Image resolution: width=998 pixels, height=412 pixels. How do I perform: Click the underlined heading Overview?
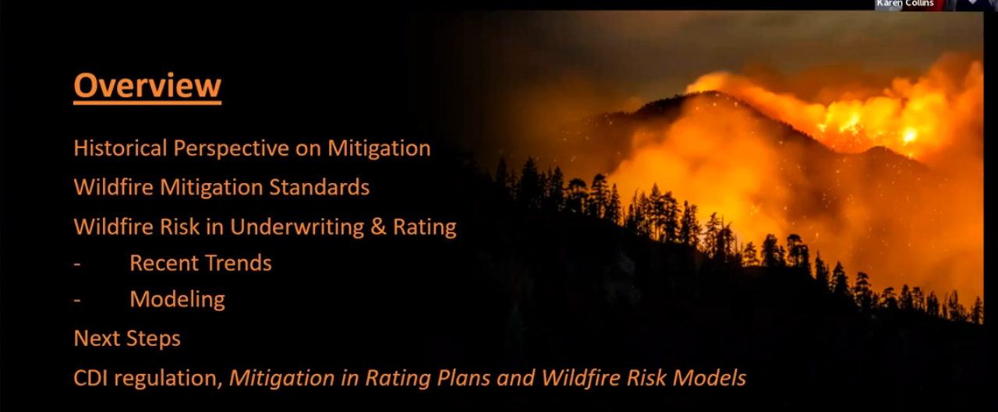tap(147, 86)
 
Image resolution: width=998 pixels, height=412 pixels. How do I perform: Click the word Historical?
tap(120, 148)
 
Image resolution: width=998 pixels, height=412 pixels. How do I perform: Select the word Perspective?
tap(232, 149)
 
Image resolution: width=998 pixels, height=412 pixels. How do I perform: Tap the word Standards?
tap(320, 187)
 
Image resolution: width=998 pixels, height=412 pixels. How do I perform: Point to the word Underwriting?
tap(297, 227)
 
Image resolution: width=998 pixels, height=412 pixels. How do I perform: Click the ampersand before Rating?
tap(378, 227)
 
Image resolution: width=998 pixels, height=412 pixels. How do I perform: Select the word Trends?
tap(238, 263)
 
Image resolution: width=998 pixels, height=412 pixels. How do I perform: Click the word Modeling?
tap(177, 299)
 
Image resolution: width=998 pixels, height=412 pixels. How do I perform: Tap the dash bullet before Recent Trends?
tap(77, 264)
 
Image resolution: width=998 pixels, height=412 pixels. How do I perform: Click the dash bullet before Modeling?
tap(77, 301)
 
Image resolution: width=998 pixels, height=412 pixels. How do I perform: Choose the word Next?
tap(97, 339)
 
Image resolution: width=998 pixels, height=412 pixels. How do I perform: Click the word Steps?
tap(154, 340)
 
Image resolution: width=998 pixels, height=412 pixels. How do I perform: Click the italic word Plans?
tap(463, 379)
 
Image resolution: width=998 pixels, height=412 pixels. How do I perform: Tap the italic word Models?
tap(710, 379)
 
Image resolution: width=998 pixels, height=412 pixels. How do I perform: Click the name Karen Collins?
tap(905, 4)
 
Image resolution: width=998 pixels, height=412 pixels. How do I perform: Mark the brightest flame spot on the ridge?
tap(909, 135)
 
